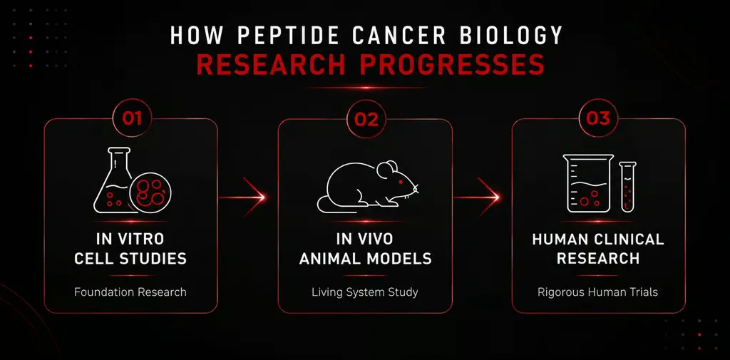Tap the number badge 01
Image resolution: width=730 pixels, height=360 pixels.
132,118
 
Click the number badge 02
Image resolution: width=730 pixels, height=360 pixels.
366,119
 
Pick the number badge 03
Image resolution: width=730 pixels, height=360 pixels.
598,118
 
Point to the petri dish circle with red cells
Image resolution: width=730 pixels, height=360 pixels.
150,192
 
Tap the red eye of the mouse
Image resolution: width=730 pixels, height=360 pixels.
400,181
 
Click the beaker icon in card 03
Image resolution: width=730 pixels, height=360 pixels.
588,183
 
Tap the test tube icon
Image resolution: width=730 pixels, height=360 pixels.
627,187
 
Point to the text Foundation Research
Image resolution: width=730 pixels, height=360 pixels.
130,292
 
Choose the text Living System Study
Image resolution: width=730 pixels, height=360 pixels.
364,292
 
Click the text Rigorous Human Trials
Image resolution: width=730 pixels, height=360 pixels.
598,292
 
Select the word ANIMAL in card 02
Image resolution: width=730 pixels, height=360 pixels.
328,259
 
